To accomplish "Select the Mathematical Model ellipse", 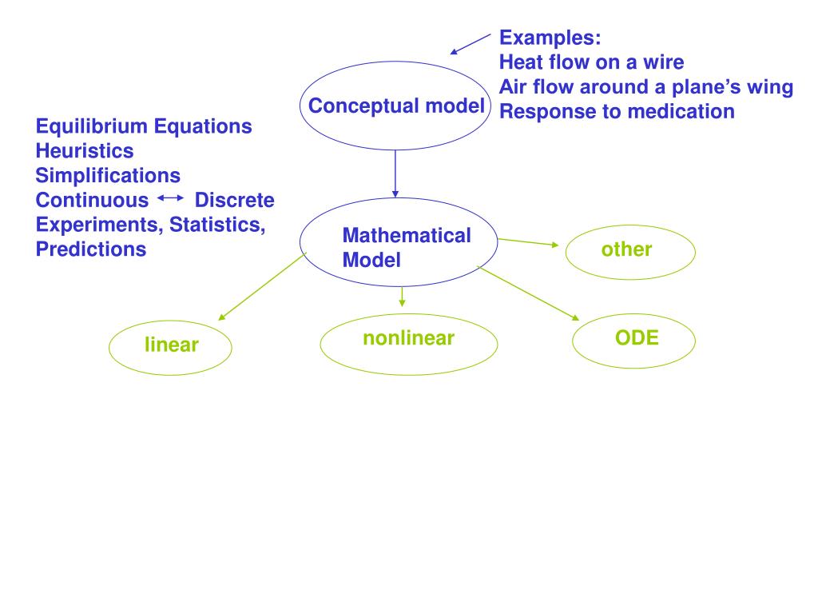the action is [x=398, y=242].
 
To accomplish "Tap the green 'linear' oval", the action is [x=170, y=345].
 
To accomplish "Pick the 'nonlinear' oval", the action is [x=408, y=345].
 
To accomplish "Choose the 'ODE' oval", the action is [x=634, y=338].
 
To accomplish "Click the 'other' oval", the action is [x=630, y=250].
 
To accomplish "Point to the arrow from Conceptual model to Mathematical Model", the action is [x=395, y=173].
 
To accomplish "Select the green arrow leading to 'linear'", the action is [x=261, y=287].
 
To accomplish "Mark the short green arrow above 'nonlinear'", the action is [x=403, y=297].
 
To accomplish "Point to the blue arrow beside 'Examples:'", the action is [x=471, y=44].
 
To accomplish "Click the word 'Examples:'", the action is [x=550, y=38].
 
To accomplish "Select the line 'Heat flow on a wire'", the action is [x=592, y=62].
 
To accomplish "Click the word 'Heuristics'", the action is [x=85, y=150].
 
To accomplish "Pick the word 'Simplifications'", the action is [x=108, y=175].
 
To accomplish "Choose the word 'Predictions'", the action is [x=91, y=249].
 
